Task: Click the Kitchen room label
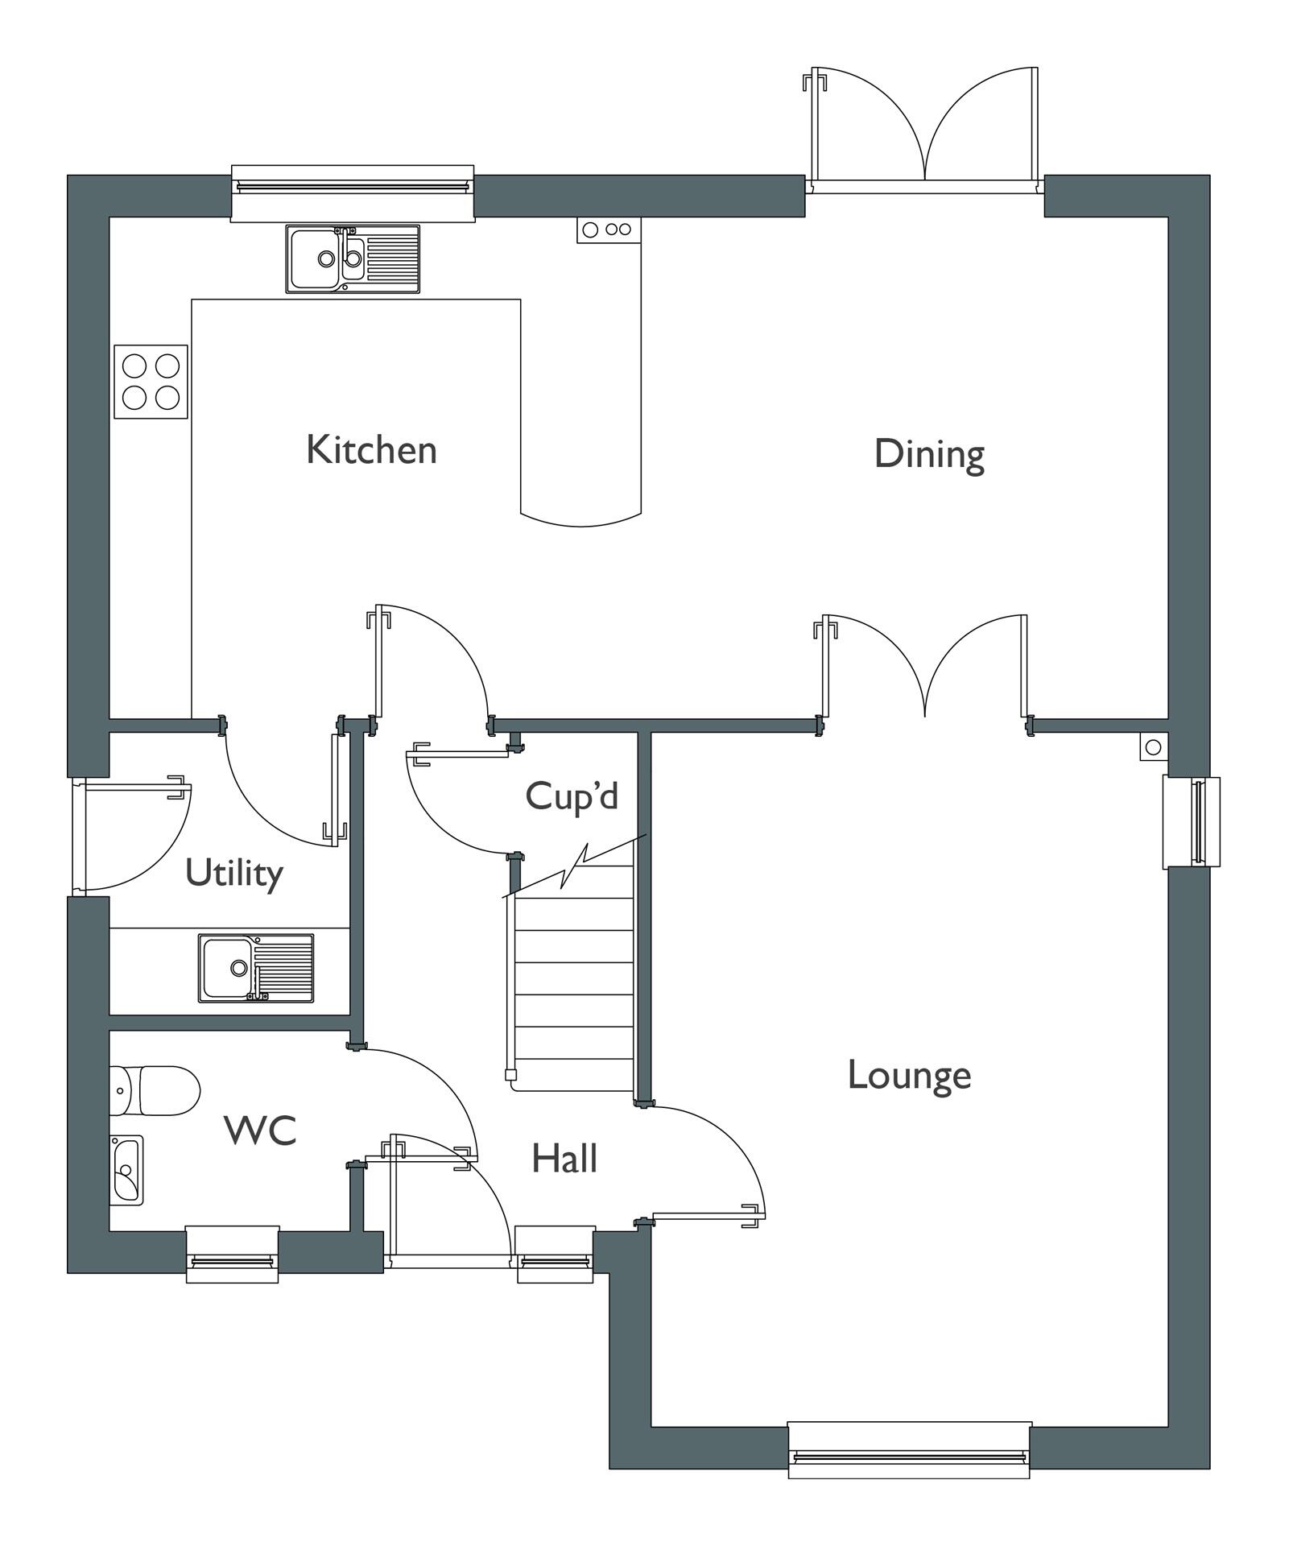pyautogui.click(x=371, y=449)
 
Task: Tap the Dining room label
pyautogui.click(x=929, y=454)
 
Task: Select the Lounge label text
pyautogui.click(x=909, y=1075)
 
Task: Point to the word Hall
pyautogui.click(x=564, y=1159)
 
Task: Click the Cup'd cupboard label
pyautogui.click(x=572, y=796)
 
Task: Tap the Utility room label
pyautogui.click(x=234, y=873)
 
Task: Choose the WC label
pyautogui.click(x=260, y=1131)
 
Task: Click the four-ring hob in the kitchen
pyautogui.click(x=151, y=382)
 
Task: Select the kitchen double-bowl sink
pyautogui.click(x=352, y=258)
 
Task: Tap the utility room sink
pyautogui.click(x=256, y=968)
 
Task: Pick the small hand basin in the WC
pyautogui.click(x=126, y=1170)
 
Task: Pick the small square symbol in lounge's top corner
pyautogui.click(x=1153, y=747)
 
